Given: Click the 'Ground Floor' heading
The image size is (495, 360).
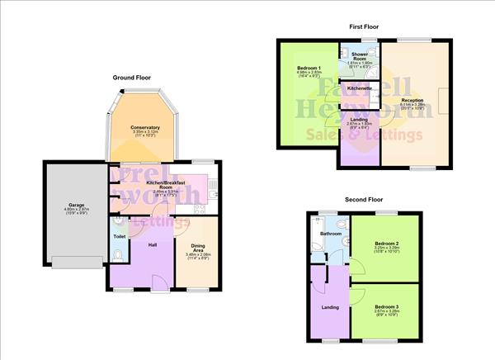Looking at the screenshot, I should point(132,77).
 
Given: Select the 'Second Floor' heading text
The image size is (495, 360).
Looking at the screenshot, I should point(364,199).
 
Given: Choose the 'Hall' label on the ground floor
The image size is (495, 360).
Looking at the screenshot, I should point(151,244).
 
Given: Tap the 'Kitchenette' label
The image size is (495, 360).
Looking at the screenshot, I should point(360,88).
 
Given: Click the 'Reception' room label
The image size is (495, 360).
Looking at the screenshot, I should point(412,100).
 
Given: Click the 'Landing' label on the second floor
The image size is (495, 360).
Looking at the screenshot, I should point(328,307).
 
